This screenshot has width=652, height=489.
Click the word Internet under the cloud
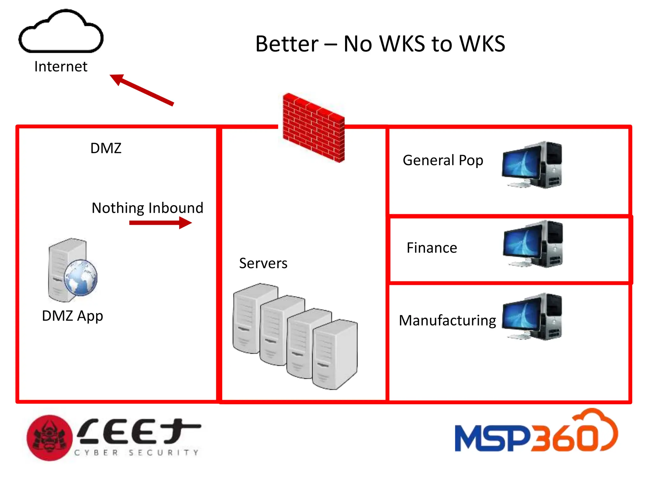(x=61, y=67)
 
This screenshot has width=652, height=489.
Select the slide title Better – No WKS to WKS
(x=380, y=44)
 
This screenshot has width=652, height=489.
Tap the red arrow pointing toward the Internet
(x=142, y=90)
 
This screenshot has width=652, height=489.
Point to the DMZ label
(x=106, y=148)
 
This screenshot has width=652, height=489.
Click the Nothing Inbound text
(x=147, y=208)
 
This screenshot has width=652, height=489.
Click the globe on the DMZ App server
(x=81, y=278)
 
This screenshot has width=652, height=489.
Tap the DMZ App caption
(x=73, y=316)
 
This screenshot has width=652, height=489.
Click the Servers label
(x=263, y=263)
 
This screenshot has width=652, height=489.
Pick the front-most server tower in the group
(x=334, y=354)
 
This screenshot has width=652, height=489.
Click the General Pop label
(x=443, y=160)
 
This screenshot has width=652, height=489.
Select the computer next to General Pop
(x=532, y=165)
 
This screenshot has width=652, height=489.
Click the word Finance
(x=432, y=248)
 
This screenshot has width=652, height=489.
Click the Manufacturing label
(x=447, y=320)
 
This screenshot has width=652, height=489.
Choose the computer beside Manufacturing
(x=532, y=317)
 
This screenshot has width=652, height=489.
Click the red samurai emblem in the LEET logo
(x=49, y=438)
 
